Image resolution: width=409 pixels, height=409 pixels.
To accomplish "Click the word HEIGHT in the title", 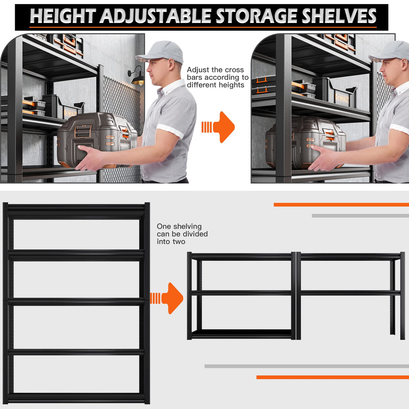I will pos(63,16).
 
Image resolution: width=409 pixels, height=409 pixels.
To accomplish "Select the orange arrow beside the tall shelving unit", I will pos(168,298).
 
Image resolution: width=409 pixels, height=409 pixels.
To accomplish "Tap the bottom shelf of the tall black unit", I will pos(76,398).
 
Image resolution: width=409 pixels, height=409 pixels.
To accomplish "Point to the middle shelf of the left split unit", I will pos(241,293).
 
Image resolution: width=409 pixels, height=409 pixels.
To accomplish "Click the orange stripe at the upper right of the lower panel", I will pos(341,204).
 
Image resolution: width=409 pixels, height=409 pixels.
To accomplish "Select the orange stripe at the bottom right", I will pos(332,377).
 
